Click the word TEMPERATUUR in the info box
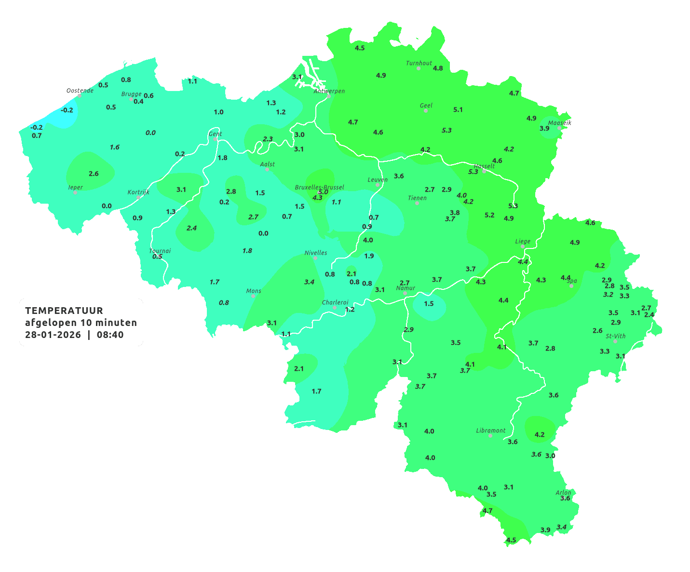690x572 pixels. point(64,311)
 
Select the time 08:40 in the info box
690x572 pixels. point(110,335)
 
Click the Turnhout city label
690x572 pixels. point(419,63)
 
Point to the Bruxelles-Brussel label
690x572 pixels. point(320,187)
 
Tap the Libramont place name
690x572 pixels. point(491,430)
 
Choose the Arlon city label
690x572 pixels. point(563,493)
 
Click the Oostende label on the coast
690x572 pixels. point(80,91)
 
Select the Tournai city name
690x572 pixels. point(160,251)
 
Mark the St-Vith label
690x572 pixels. point(616,336)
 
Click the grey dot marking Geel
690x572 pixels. point(426,111)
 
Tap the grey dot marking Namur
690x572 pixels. point(405,293)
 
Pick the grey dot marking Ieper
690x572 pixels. point(75,193)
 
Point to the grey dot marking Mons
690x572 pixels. point(253,296)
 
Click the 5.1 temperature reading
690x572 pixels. point(458,110)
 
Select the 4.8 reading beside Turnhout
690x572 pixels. point(438,68)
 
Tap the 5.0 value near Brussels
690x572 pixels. point(323,192)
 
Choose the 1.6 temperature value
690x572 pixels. point(115,147)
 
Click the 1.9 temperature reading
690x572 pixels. point(369,256)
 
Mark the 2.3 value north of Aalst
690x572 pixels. point(268,139)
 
